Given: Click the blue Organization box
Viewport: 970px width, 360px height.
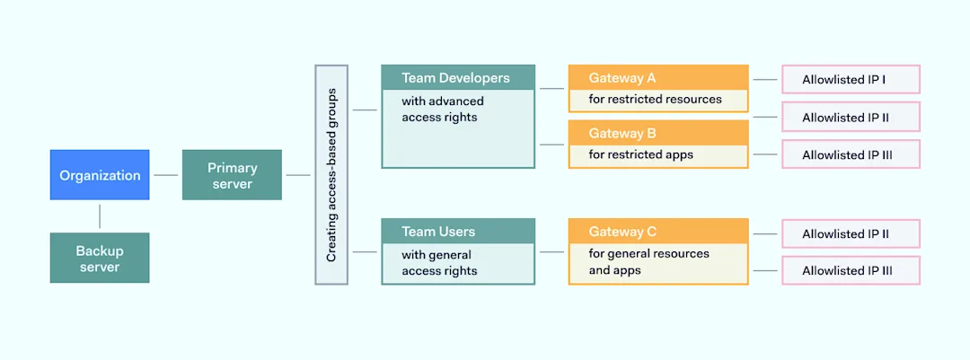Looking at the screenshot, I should click(x=100, y=175).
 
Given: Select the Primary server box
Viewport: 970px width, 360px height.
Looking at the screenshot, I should click(x=232, y=175).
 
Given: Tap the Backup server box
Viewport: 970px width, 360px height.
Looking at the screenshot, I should click(x=100, y=258).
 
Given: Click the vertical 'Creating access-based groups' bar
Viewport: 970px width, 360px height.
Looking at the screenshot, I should click(x=331, y=175).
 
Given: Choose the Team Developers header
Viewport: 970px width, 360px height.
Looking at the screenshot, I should click(x=458, y=78).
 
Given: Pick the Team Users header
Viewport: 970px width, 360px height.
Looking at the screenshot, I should click(x=458, y=232).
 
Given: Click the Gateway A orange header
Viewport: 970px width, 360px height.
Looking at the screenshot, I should click(x=658, y=78).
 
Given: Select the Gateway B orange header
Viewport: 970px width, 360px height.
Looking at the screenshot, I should click(x=658, y=133).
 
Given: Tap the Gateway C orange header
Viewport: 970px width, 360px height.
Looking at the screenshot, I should click(x=658, y=232).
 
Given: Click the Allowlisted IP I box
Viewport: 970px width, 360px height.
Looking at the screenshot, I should click(x=851, y=80).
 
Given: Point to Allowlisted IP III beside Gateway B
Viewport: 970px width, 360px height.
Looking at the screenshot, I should click(x=851, y=154).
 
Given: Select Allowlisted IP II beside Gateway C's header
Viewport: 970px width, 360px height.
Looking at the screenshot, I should click(x=851, y=233).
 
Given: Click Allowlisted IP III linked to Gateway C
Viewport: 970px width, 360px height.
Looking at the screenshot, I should click(x=851, y=270).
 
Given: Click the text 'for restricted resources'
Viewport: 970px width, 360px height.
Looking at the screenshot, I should click(x=655, y=99).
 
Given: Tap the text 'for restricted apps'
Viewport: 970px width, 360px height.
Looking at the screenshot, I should click(x=640, y=154).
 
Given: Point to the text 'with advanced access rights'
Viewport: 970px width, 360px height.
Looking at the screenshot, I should click(x=442, y=109).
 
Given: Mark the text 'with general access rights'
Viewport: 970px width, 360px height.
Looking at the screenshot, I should click(x=439, y=262).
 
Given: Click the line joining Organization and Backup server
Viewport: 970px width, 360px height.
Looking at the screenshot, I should click(x=100, y=216).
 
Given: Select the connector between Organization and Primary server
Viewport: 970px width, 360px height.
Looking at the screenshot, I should click(x=165, y=175).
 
